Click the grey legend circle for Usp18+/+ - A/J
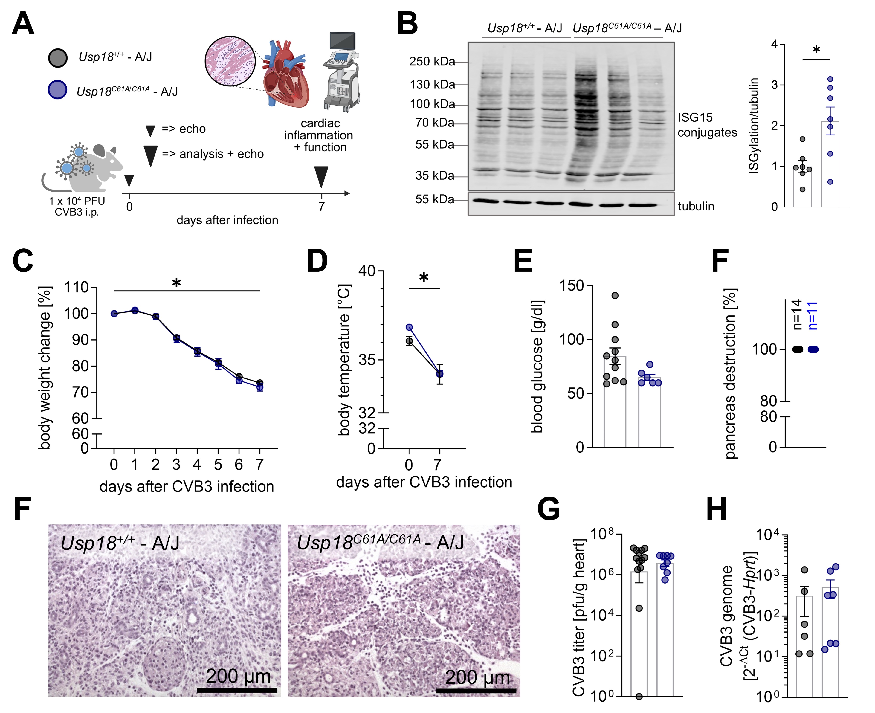coord(57,58)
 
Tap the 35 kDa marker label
coord(434,176)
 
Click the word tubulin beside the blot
coord(696,206)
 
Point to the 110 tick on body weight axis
coord(76,287)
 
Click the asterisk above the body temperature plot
coord(424,278)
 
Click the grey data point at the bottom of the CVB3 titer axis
coord(639,696)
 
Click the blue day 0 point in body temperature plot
coord(409,327)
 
